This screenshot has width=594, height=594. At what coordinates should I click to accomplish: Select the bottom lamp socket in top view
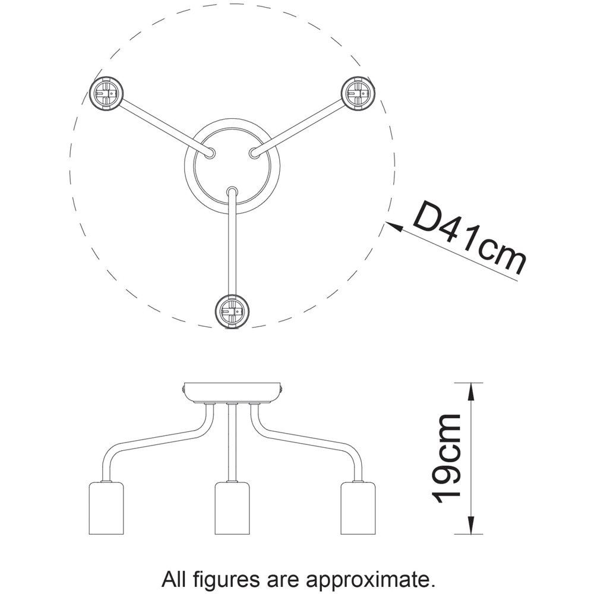coord(230,310)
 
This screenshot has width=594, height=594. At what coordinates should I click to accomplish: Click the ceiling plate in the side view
coord(232,392)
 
